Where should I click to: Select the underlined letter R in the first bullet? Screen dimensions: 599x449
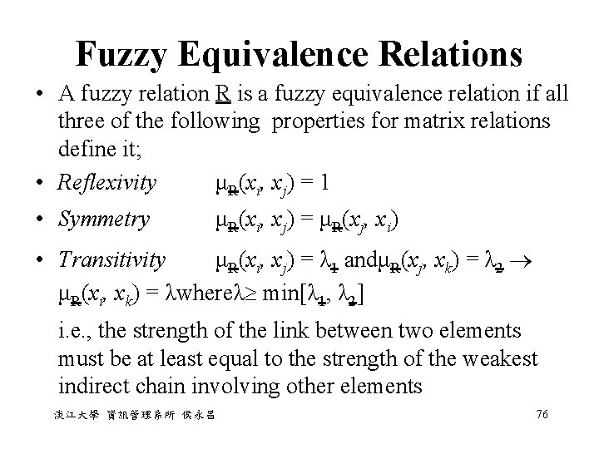point(221,94)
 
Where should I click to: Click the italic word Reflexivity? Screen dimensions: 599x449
point(107,182)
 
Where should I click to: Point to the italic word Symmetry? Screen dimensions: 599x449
point(103,220)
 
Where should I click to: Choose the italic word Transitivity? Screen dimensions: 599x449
point(111,261)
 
